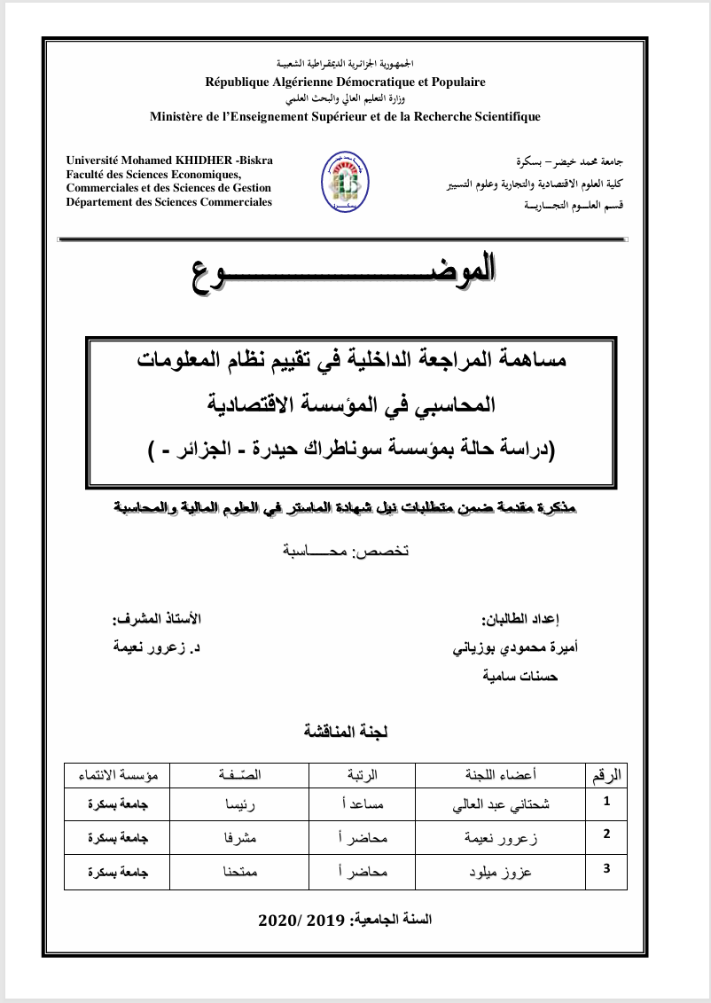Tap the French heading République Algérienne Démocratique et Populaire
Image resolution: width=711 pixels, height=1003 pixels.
pos(345,82)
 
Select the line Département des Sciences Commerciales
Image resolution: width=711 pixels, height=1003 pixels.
pos(169,202)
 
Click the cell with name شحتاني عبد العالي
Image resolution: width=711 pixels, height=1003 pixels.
pos(502,804)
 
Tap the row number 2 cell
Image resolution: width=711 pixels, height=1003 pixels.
pos(606,835)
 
